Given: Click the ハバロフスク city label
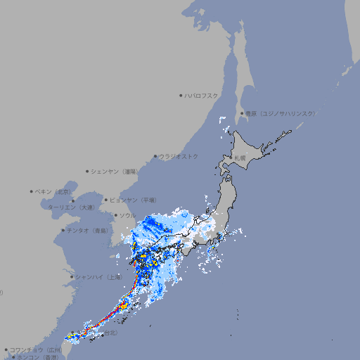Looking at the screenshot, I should click(202, 95).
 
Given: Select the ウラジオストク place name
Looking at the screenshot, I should click(179, 156).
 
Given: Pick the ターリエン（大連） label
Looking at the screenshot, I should click(71, 207).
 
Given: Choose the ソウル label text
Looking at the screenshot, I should click(127, 215).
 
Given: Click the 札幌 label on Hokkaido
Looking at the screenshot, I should click(240, 157).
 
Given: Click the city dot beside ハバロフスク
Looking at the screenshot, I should click(181, 95).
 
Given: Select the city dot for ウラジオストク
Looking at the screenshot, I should click(155, 156).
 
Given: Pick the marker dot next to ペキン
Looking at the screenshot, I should click(32, 191).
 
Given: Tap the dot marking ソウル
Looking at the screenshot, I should click(115, 215).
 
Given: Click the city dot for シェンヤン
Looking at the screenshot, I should click(87, 171).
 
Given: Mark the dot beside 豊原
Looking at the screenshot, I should click(242, 113).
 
